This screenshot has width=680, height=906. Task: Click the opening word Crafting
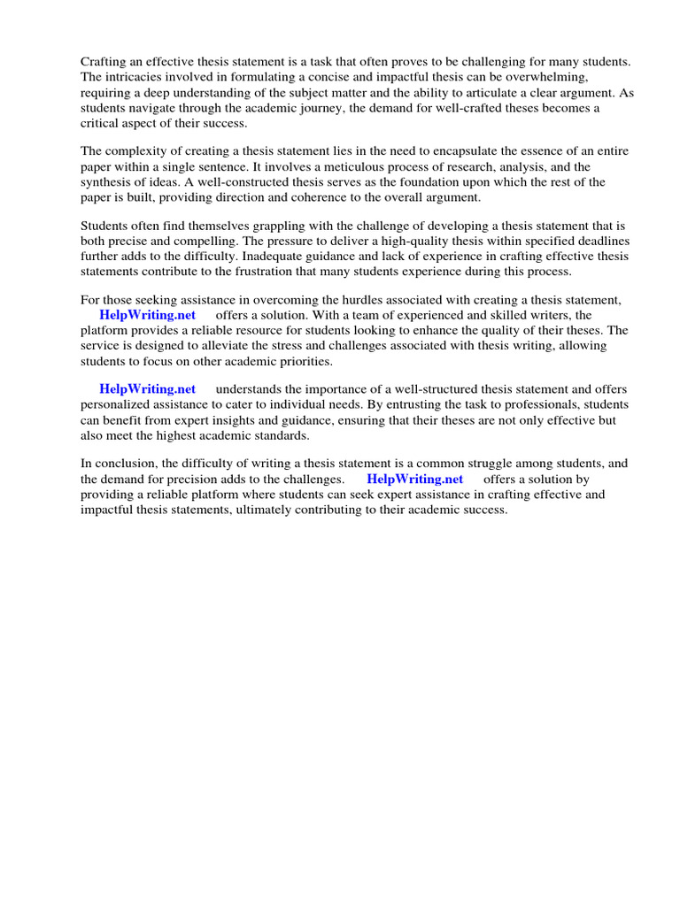click(105, 61)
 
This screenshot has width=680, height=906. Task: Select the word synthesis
click(107, 182)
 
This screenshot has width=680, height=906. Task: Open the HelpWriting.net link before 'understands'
click(147, 389)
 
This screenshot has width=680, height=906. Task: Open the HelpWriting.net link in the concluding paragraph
click(414, 479)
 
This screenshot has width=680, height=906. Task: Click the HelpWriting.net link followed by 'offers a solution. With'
click(147, 315)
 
